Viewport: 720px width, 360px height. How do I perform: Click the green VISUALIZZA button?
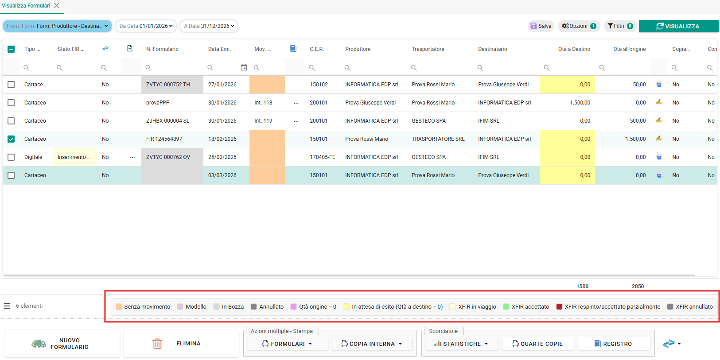click(678, 26)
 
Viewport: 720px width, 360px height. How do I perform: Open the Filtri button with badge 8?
click(620, 26)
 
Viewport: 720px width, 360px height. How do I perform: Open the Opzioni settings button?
click(579, 26)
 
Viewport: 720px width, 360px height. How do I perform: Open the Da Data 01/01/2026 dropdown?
click(146, 26)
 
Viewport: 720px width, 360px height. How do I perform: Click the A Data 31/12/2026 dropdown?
click(209, 26)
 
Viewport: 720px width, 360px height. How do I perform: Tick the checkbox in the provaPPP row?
click(11, 103)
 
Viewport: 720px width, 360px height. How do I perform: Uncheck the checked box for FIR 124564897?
click(11, 139)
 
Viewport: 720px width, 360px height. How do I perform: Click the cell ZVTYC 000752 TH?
click(168, 85)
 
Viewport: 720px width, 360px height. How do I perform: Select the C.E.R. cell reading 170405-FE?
click(323, 157)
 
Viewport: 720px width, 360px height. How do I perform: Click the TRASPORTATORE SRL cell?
click(438, 139)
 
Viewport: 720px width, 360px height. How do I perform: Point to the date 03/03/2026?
click(222, 175)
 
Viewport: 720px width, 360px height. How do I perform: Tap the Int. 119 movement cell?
click(263, 121)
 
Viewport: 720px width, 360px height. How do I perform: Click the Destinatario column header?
click(492, 49)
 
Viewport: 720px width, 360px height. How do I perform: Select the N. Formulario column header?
click(162, 49)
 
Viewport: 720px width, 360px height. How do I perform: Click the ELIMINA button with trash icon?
click(181, 343)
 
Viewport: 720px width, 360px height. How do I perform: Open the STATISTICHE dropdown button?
click(462, 344)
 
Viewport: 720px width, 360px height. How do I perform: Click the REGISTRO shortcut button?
click(614, 344)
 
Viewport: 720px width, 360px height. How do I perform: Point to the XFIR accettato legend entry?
click(526, 307)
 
